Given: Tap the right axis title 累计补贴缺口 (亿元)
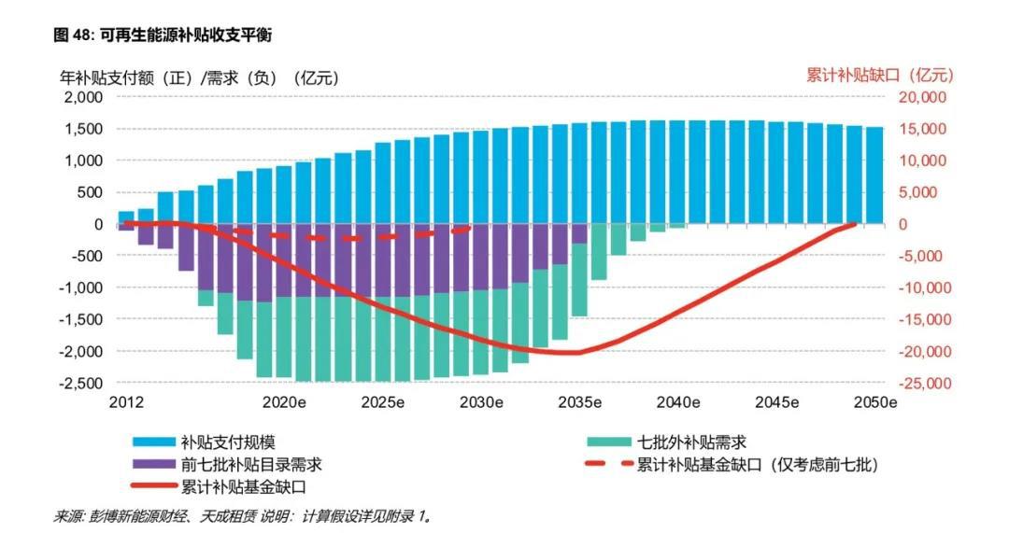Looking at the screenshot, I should point(879,75).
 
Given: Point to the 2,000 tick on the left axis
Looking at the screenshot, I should point(82,97).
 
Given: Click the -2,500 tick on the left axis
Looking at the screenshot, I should point(80,383).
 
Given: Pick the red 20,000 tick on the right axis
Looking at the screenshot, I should point(921,97).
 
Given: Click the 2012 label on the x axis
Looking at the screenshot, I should point(126,403).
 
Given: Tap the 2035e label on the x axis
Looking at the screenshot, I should point(580,403).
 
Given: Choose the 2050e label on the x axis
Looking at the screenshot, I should point(876,403).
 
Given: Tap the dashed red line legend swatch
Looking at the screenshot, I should point(606,464).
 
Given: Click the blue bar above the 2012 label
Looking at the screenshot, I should point(126,217).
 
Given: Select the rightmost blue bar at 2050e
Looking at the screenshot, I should point(874,175).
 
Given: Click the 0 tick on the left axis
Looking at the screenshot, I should point(96,224).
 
